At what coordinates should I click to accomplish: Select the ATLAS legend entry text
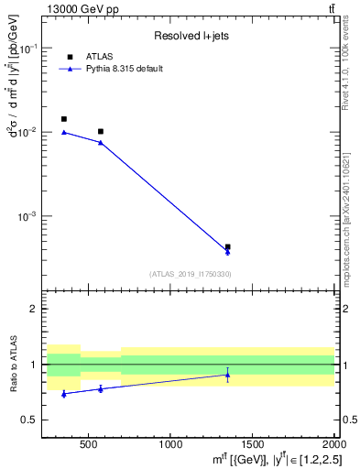pos(99,56)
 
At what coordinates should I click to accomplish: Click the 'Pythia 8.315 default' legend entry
pos(125,69)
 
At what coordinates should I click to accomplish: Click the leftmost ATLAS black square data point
pos(63,119)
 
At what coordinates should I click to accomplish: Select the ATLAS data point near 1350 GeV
pos(227,246)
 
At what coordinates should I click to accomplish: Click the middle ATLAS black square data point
pos(101,132)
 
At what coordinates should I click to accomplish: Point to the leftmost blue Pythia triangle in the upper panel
pos(63,132)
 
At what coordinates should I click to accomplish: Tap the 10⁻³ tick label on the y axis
pos(30,217)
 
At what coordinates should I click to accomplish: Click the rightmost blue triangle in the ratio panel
pos(227,375)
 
